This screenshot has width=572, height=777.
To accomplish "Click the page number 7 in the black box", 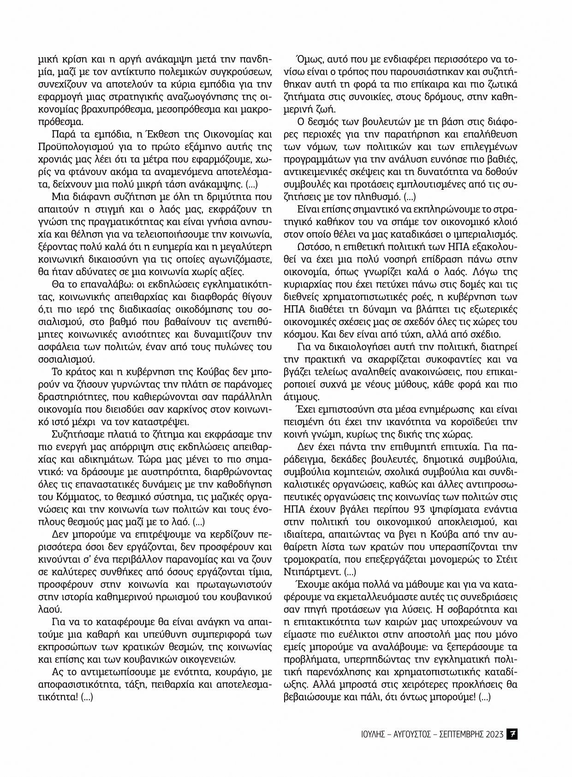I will coord(512,734).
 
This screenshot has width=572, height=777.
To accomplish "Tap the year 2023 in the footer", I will coord(493,734).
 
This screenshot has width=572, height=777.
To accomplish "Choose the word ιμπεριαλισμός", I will coord(490,233).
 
